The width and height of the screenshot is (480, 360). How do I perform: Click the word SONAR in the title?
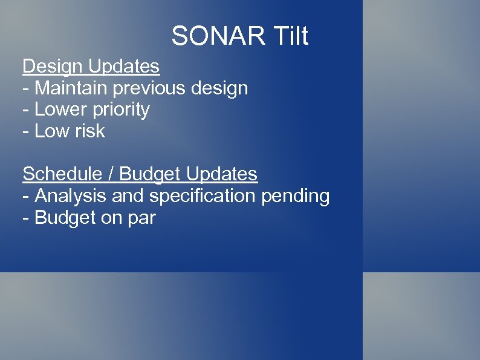[x=218, y=36]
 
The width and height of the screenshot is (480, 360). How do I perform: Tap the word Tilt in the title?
[x=290, y=36]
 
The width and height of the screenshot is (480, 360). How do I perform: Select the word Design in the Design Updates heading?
[x=53, y=66]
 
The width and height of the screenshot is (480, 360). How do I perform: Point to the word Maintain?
[x=71, y=88]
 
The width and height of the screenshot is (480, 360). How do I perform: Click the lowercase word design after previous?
[x=219, y=88]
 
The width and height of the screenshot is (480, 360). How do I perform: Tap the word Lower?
[x=60, y=110]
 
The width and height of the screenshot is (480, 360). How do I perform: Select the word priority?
[x=121, y=110]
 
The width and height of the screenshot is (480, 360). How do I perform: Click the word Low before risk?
[x=51, y=131]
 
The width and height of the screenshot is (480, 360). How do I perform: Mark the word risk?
[x=88, y=131]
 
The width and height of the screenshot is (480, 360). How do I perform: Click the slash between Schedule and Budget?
[x=112, y=174]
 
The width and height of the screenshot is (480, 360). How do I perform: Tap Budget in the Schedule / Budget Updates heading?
[x=150, y=174]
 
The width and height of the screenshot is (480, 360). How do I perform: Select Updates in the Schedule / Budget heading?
[x=222, y=175]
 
